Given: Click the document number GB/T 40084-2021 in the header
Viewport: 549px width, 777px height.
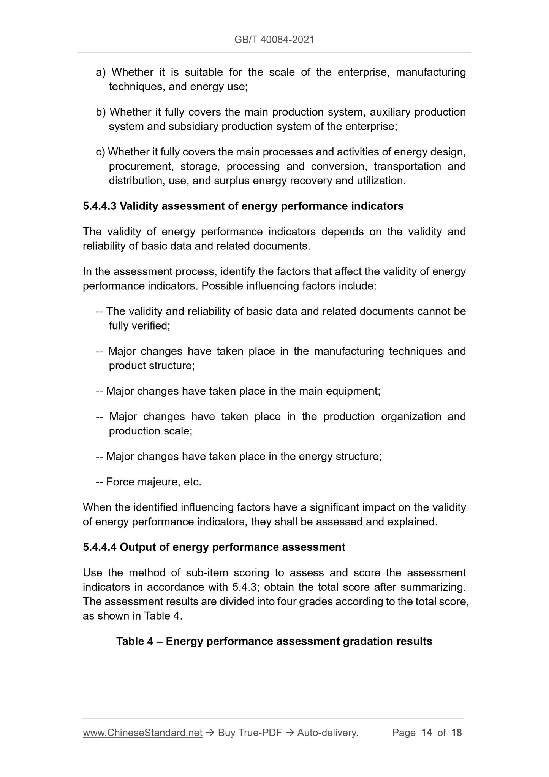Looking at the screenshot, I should (274, 40).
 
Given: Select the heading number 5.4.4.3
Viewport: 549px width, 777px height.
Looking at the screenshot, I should (100, 206).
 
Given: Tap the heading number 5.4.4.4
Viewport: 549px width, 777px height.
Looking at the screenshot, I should (100, 547).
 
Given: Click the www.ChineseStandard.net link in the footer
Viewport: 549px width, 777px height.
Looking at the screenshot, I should (142, 733).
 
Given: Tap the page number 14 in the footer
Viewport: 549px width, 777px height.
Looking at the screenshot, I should (427, 733).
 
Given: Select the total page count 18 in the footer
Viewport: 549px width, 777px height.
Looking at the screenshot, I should (456, 733).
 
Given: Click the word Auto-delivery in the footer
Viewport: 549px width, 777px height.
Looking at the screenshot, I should (328, 733).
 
